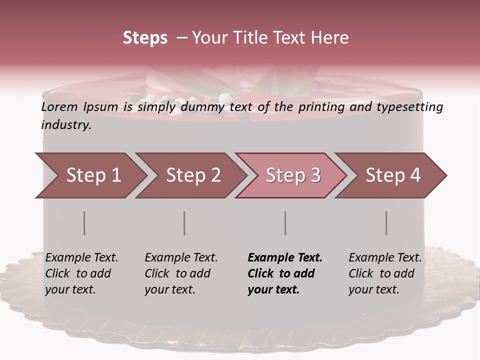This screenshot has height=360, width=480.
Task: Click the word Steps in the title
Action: click(145, 38)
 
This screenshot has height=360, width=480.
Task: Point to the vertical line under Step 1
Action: click(84, 223)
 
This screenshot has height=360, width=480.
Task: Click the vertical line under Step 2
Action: click(184, 223)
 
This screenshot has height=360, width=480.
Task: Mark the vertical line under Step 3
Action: click(285, 223)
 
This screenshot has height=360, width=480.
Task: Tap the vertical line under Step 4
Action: click(386, 223)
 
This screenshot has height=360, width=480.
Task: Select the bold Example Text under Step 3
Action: click(285, 273)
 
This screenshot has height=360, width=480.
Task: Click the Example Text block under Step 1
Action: click(81, 273)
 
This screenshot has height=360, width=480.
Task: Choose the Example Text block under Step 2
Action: click(181, 273)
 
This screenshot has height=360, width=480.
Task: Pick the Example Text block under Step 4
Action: click(385, 273)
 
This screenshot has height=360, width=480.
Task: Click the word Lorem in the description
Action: click(59, 106)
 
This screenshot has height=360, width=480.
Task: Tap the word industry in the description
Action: click(66, 125)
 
